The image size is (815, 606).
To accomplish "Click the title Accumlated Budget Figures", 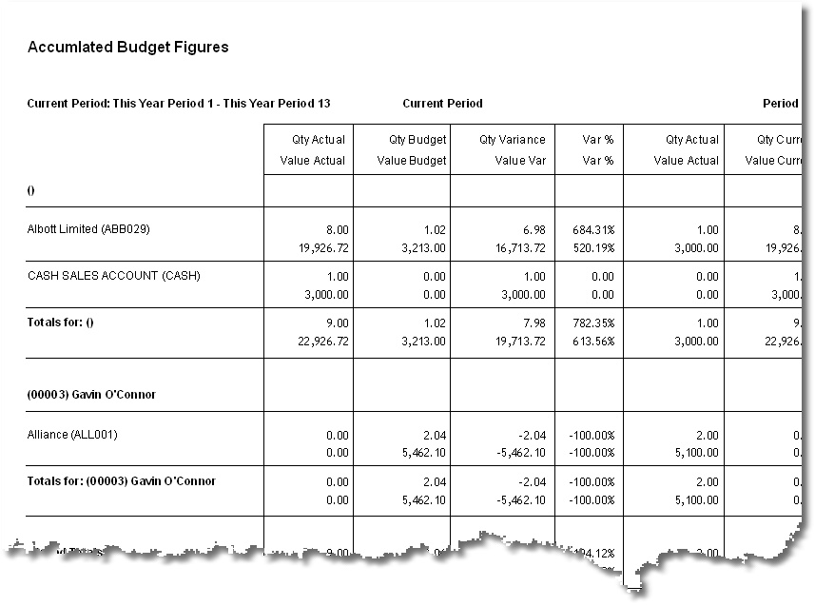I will (x=127, y=47).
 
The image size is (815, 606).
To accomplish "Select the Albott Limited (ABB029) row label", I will (x=88, y=229).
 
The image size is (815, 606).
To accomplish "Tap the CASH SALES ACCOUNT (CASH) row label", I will (x=113, y=276).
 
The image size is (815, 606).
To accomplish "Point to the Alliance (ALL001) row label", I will (x=72, y=435).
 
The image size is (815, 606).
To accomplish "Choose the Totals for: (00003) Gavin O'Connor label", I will (x=121, y=481).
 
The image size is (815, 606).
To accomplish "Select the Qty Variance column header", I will (x=513, y=140).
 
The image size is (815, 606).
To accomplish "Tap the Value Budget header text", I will (x=412, y=161).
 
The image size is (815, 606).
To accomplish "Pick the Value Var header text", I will (x=520, y=161).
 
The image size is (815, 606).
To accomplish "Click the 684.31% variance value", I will (x=592, y=230).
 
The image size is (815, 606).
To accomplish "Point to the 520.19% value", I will (x=592, y=247).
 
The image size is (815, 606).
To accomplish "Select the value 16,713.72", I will (x=515, y=247).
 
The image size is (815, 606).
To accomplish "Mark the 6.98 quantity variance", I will (x=534, y=230).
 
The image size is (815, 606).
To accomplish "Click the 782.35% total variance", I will (x=592, y=323).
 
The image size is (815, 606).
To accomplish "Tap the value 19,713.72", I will (x=515, y=341).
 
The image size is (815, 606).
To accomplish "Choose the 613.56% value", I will (x=592, y=341).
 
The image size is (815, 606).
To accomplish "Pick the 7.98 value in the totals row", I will (x=534, y=323).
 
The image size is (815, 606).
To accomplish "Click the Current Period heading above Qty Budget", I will (x=442, y=104).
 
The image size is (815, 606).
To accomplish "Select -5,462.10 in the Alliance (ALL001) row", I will (x=514, y=453).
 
